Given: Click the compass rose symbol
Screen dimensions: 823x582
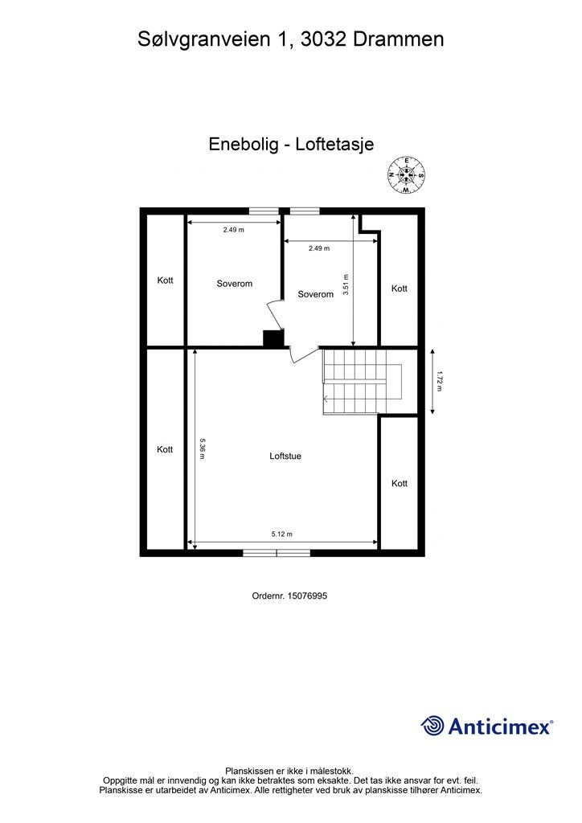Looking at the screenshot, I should [407, 175].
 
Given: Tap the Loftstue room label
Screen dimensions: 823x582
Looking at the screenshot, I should [285, 456].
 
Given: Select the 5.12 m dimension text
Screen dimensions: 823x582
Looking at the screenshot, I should [281, 534].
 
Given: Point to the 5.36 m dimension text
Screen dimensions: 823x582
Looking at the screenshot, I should [203, 448].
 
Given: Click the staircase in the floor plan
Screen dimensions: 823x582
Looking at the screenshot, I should [362, 382].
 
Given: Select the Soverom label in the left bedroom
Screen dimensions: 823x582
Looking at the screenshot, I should [235, 284].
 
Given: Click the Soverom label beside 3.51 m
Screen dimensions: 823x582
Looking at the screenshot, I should [315, 294].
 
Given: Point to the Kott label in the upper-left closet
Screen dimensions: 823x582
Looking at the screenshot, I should [165, 280].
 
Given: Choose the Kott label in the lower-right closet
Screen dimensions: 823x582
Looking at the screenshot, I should [400, 483].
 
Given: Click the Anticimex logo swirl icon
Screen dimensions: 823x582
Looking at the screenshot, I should [432, 726].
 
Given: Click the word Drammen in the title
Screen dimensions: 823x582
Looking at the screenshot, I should [401, 39].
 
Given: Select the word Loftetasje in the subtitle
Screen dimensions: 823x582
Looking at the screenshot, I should [334, 145].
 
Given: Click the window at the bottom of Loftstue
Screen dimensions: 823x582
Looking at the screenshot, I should [277, 552].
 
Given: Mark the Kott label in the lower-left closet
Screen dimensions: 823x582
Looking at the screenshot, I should [165, 449].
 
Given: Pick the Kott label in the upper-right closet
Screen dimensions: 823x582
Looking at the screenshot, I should [400, 289].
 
